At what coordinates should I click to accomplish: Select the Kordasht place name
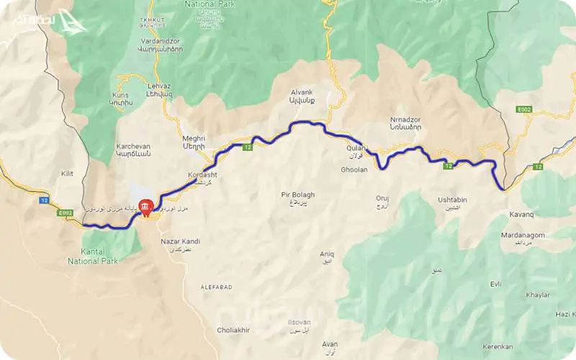pos(202,175)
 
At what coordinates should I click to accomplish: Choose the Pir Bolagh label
pos(298,195)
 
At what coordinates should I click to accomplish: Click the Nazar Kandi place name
pos(180,241)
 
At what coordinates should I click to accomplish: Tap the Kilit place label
pos(67,174)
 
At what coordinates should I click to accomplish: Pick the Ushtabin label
pos(452,199)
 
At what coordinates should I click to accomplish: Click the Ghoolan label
pos(354,170)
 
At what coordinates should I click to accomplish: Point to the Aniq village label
pos(327,253)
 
